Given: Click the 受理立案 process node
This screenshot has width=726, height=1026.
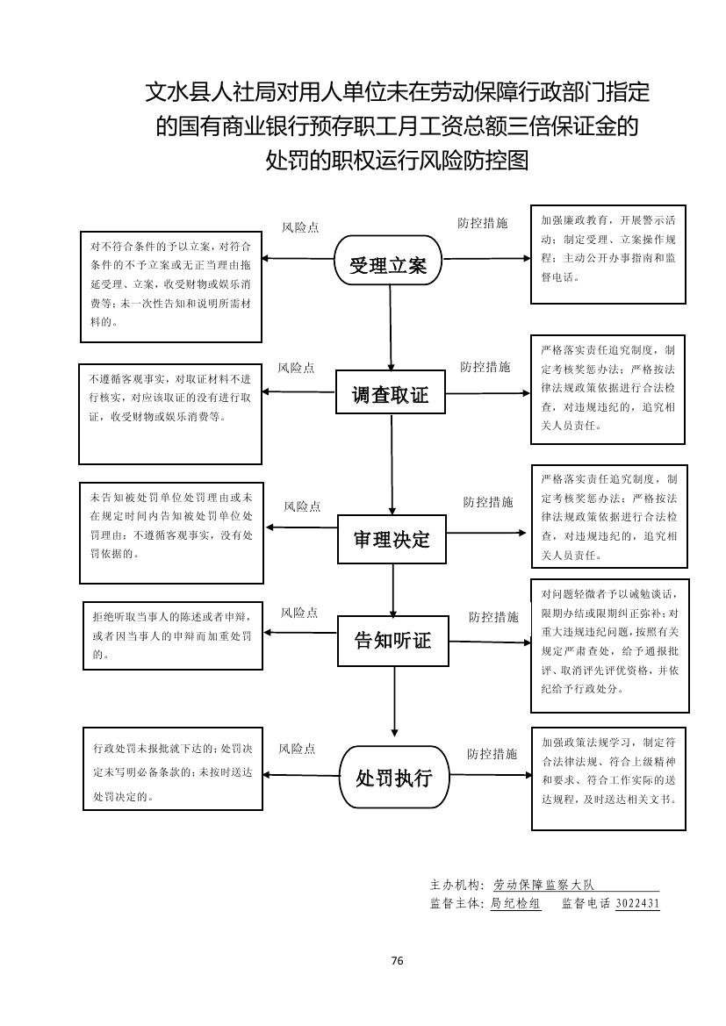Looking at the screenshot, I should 388,261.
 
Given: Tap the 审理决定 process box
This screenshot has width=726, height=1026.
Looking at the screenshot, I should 392,537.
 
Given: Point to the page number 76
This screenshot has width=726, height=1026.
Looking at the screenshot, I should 397,960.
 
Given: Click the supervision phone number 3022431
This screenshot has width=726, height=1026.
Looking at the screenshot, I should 637,903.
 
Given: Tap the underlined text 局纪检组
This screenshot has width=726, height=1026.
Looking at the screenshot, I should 515,903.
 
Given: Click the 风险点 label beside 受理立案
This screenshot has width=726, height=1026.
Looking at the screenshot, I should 300,227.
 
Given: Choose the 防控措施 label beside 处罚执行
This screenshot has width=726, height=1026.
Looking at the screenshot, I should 492,753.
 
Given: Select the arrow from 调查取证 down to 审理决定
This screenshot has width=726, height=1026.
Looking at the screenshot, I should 392,465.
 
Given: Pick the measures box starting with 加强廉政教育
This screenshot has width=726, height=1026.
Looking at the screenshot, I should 607,255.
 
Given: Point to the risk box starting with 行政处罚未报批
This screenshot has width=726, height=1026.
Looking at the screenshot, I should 172,769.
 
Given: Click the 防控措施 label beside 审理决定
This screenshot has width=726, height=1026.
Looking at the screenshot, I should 488,502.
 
